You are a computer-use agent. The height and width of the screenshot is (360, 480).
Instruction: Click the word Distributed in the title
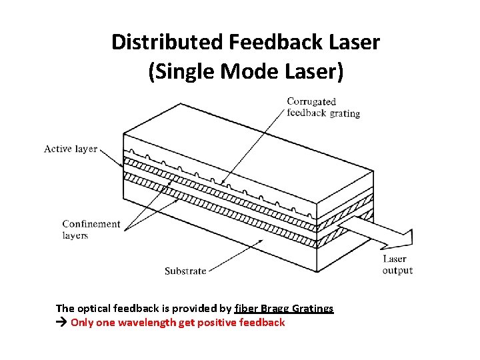[167, 43]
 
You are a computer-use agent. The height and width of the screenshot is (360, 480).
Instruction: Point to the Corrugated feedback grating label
[323, 107]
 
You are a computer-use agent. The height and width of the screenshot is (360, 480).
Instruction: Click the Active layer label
[71, 149]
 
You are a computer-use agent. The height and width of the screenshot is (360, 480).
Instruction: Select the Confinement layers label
[91, 229]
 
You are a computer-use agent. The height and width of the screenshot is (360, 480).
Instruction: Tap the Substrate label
[185, 271]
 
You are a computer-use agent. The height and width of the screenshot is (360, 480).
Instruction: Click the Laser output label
[397, 265]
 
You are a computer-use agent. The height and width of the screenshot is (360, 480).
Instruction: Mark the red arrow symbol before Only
[62, 323]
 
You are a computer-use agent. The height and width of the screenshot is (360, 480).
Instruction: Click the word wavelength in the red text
[150, 323]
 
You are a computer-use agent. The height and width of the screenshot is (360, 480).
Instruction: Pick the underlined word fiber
[246, 308]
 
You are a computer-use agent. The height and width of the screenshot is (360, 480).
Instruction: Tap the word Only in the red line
[83, 323]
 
